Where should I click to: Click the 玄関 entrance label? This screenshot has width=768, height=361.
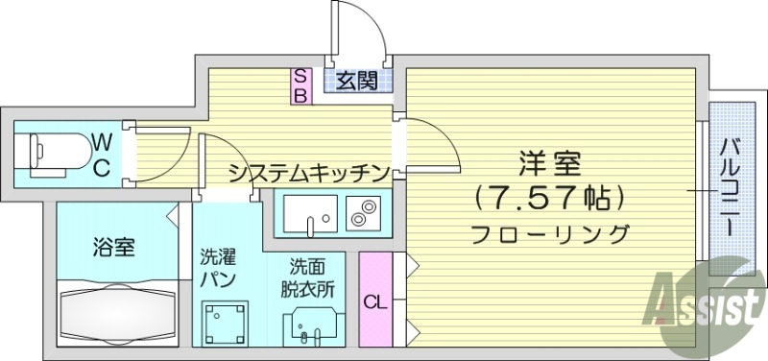coord(356,81)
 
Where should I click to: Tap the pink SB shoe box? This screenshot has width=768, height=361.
coord(300,85)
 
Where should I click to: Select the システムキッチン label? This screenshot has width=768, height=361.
coord(309,173)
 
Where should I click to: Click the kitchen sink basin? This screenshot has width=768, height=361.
coord(309,213)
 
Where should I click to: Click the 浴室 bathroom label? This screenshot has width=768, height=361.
coord(113,247)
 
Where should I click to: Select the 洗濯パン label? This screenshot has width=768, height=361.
coord(218,268)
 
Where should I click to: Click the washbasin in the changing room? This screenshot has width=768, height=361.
coord(309,327)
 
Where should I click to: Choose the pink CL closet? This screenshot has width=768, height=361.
coord(374,299)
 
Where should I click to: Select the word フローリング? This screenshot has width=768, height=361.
coord(550,233)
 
